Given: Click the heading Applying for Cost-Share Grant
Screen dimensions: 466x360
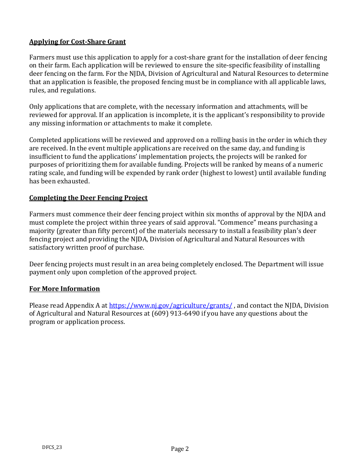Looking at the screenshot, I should click(x=77, y=42).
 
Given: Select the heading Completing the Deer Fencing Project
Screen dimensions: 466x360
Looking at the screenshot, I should click(x=88, y=198).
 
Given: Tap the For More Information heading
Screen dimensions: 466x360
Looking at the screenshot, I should click(x=64, y=289).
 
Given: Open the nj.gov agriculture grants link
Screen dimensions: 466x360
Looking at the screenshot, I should click(x=171, y=305).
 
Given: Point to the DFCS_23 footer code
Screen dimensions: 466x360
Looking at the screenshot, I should click(x=52, y=447).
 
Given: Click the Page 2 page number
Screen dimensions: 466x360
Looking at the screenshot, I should click(x=180, y=449).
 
